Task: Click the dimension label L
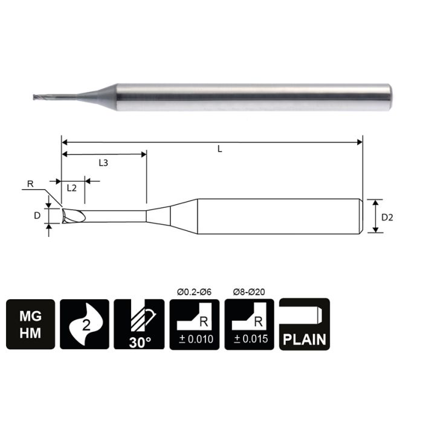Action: click(219, 149)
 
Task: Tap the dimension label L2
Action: click(71, 187)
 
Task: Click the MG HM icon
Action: click(31, 323)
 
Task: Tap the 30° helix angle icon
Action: click(138, 323)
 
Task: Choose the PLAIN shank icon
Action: click(305, 323)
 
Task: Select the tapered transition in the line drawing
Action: click(159, 215)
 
